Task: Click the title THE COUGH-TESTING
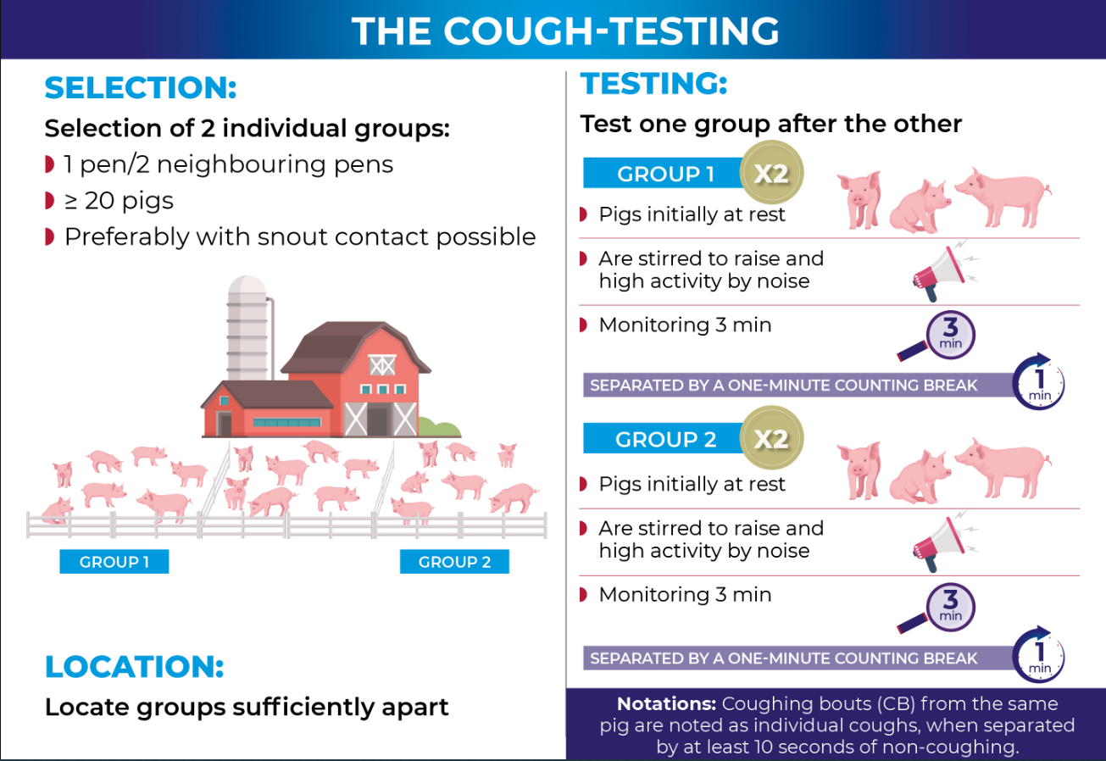565,31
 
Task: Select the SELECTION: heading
140,88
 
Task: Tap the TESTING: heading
653,84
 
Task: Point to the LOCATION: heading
134,666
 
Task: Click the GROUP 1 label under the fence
114,562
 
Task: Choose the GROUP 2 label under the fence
454,562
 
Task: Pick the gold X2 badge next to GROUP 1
770,175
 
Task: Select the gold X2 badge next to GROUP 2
770,439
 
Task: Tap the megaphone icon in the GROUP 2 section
938,541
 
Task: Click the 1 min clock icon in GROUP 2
1039,656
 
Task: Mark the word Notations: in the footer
666,704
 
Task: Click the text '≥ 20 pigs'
119,201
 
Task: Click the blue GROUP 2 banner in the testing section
665,440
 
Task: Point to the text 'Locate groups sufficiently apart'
247,707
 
